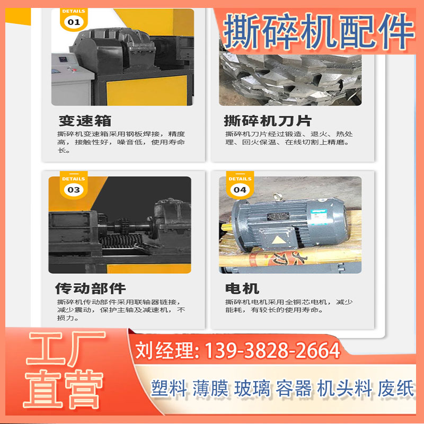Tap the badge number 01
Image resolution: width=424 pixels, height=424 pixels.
point(74,22)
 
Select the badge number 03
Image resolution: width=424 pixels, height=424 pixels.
point(74,189)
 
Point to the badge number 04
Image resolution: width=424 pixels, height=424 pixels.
point(240,189)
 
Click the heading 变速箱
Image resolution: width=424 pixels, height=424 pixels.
point(85,120)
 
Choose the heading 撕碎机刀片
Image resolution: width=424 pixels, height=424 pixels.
point(268,120)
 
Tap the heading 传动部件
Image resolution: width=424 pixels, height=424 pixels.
point(91,288)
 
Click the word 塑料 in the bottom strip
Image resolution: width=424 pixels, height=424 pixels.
point(169,389)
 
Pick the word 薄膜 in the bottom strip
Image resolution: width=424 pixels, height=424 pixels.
point(210,389)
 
